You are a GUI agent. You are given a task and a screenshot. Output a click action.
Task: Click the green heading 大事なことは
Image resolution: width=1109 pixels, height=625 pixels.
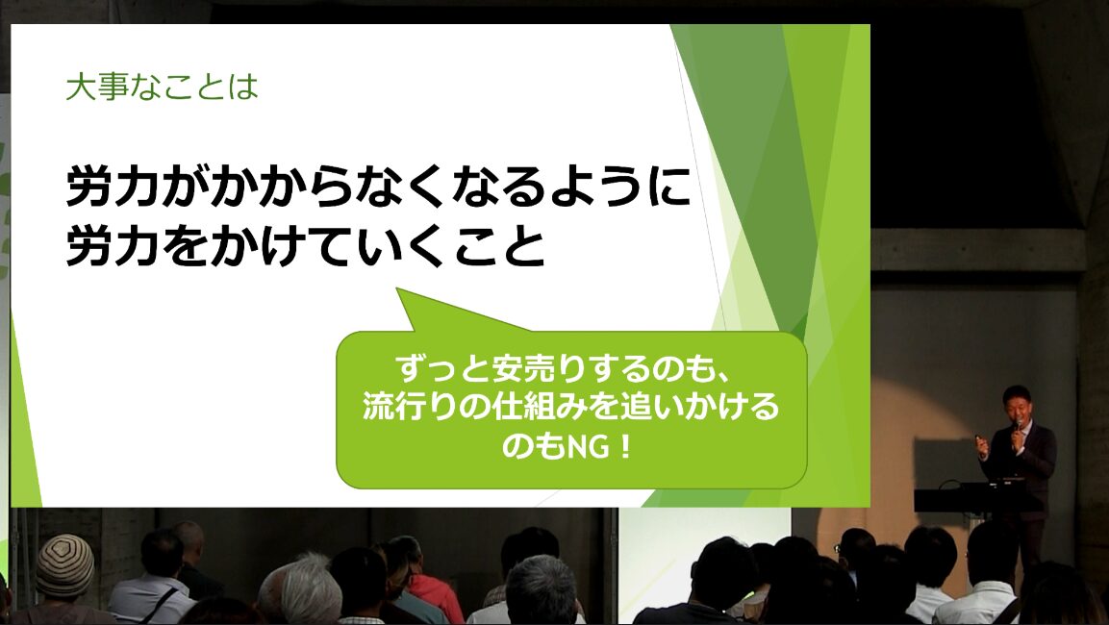point(162,87)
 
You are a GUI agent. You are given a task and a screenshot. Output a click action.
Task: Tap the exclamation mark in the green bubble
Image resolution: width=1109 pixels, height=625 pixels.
point(623,447)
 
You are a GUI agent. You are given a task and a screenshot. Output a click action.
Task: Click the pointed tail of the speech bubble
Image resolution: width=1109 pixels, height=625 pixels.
point(400,290)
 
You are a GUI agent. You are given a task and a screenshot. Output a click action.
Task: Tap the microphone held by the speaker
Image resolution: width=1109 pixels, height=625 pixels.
point(1018,429)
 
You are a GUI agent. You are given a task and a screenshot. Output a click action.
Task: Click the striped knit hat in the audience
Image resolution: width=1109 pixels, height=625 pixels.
point(64,565)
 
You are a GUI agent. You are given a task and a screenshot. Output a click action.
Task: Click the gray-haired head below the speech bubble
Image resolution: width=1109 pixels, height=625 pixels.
point(542,588)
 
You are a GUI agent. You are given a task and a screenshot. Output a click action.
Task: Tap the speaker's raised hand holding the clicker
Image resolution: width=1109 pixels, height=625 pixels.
point(982,446)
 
